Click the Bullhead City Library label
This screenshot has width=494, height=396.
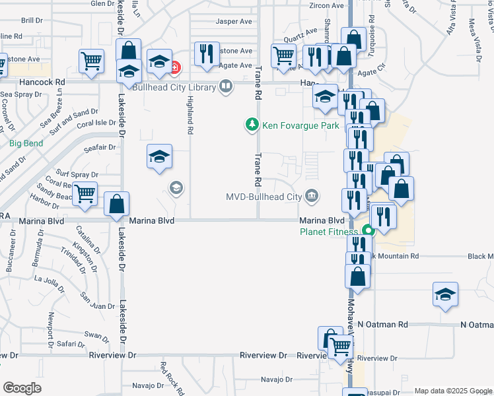[174, 86]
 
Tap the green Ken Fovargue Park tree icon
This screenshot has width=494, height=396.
[251, 124]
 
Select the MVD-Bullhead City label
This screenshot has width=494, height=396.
[264, 196]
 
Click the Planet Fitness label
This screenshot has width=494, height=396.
[328, 232]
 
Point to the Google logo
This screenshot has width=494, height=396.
[21, 388]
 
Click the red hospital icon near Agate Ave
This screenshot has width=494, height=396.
[174, 67]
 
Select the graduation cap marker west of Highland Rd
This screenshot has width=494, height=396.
[159, 157]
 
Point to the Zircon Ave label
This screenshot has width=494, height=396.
[327, 5]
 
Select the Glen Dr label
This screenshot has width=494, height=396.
[102, 3]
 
